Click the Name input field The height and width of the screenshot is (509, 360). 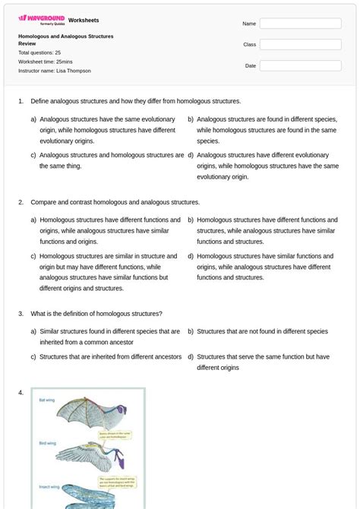[300, 24]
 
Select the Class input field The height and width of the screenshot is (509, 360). [300, 45]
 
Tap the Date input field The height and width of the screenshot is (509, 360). [300, 66]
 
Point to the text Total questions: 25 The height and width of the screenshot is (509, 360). [39, 52]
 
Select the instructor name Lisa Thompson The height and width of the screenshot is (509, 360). [54, 71]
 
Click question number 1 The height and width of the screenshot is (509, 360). [21, 101]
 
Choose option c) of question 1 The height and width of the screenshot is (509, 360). [107, 160]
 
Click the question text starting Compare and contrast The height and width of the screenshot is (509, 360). [115, 202]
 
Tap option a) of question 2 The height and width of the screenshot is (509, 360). [106, 231]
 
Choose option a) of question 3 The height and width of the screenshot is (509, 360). [106, 337]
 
